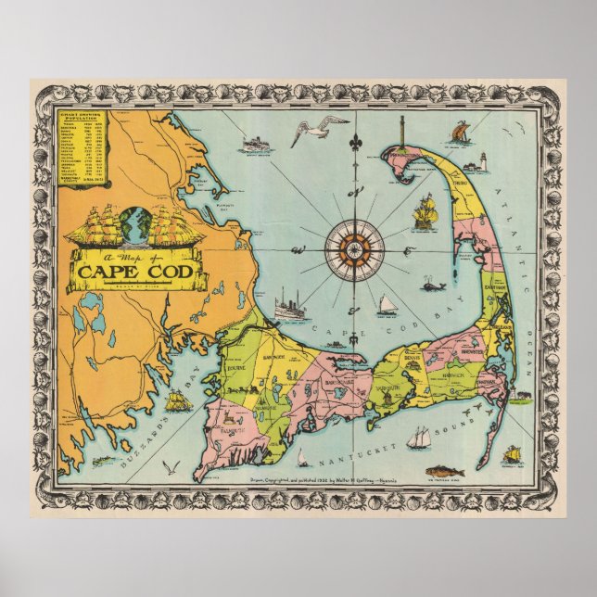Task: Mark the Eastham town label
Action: point(494,289)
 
